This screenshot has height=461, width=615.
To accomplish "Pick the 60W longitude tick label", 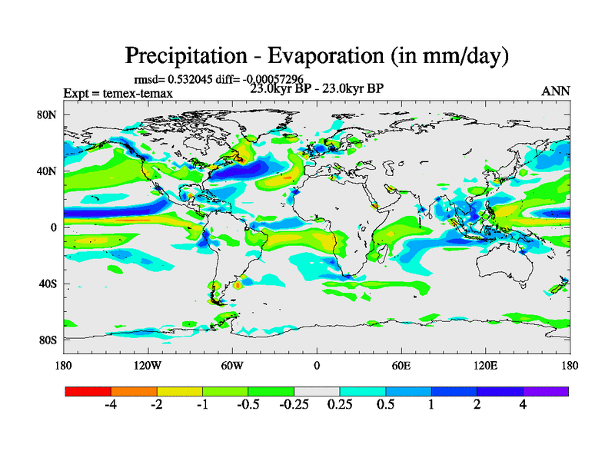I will click(x=231, y=365).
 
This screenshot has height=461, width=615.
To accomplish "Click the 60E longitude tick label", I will click(x=401, y=365).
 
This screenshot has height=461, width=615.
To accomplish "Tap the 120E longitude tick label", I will click(x=485, y=365).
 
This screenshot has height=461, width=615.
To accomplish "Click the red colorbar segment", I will click(x=88, y=391).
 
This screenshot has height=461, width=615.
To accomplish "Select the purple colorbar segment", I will click(x=546, y=391).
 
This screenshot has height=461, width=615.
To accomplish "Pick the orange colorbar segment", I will click(x=134, y=391).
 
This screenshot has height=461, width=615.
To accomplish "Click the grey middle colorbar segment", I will click(x=317, y=391).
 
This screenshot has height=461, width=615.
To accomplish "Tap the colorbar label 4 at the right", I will click(x=523, y=406).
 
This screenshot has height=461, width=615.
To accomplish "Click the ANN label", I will click(x=556, y=91).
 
